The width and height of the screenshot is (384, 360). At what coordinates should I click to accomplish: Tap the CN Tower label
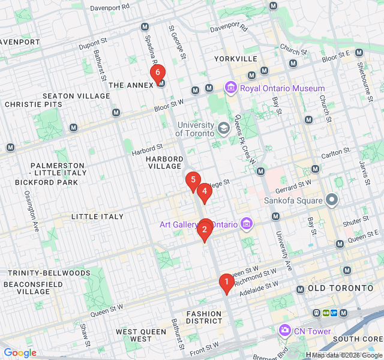click(x=312, y=331)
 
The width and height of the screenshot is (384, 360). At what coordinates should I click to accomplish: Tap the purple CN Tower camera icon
click(x=284, y=331)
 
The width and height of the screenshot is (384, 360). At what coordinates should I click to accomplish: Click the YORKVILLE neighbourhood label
click(x=236, y=59)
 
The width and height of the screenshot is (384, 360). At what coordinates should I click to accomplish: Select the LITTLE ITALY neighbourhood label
click(x=97, y=217)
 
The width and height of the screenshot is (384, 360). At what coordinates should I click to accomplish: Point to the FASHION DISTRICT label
click(x=204, y=318)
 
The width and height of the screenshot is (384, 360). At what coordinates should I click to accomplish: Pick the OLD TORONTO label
click(x=340, y=289)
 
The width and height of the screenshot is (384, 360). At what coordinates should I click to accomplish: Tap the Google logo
click(x=20, y=353)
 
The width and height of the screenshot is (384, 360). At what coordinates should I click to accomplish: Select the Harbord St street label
click(x=148, y=148)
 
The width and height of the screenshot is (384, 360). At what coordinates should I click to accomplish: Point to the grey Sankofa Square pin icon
click(x=332, y=200)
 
